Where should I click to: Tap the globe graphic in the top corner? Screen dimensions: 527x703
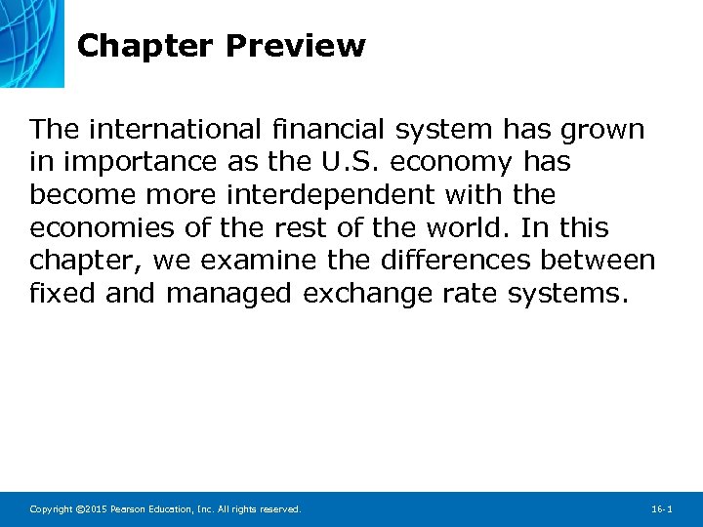point(31,41)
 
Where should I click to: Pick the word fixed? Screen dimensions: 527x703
point(62,293)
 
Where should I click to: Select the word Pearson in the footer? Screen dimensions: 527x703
point(130,509)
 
